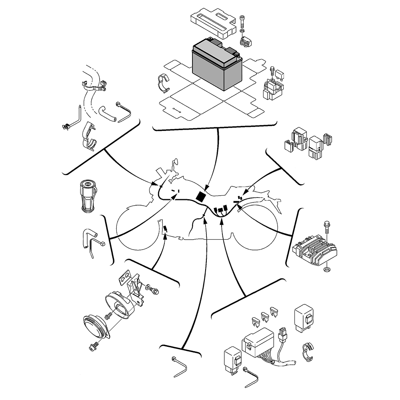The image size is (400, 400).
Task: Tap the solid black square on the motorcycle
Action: pyautogui.click(x=201, y=197)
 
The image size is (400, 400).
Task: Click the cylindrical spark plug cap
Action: pyautogui.click(x=88, y=196)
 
